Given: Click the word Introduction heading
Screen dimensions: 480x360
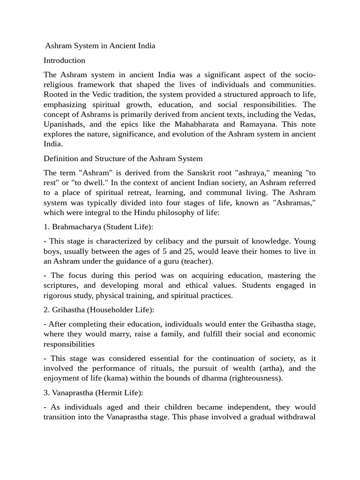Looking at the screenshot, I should click(x=64, y=60).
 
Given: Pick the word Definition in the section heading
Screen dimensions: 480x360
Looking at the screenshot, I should click(x=61, y=158).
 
